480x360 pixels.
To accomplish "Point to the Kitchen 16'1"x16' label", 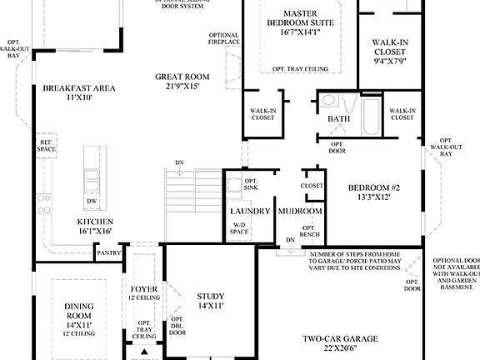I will pos(94,226).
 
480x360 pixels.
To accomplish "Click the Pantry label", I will pos(108,253).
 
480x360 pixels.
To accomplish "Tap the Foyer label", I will pos(145,292).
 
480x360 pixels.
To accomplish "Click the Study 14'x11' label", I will pos(211,301).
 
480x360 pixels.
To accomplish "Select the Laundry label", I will pos(250,212).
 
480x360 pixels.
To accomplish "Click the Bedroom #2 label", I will pos(374,192).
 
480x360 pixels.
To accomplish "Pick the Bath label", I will pos(338,119).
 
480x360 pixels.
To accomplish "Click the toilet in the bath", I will pos(329,102).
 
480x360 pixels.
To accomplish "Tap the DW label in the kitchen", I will pos(91,202).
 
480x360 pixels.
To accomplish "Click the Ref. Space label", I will pos(47,147).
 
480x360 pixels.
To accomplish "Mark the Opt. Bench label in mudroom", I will pos(308,232).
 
